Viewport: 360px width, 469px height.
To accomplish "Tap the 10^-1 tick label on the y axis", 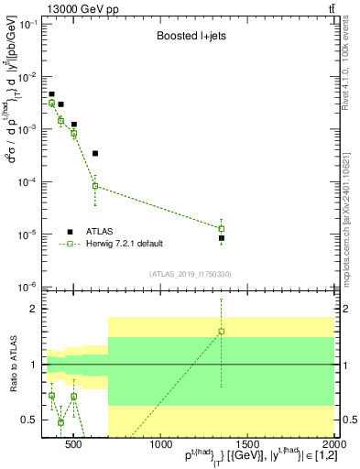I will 31,24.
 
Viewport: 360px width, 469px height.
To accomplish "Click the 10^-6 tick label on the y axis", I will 31,287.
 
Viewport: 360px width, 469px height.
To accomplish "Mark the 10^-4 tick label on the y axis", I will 31,181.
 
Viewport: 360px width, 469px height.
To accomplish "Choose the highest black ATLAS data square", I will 51,94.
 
